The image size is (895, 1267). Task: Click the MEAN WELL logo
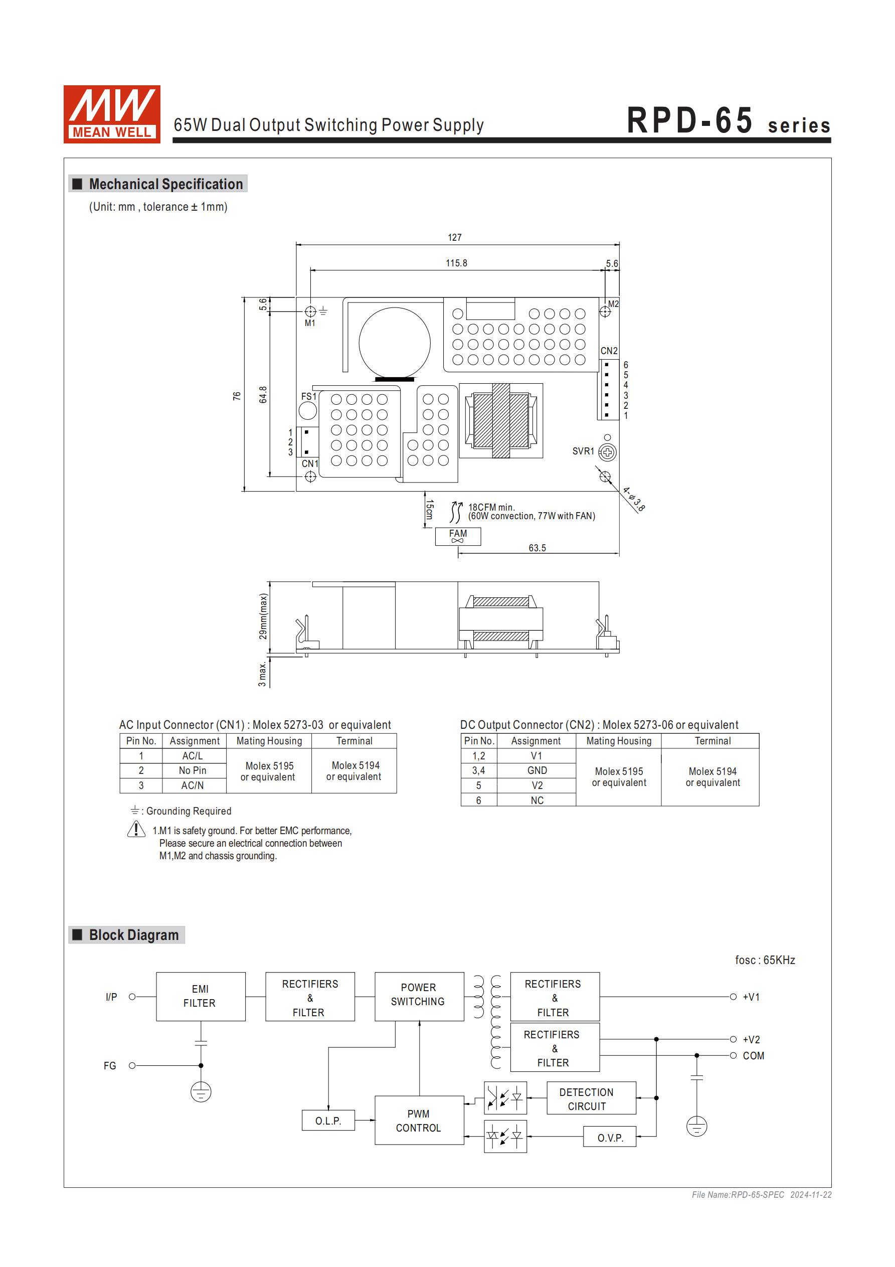pyautogui.click(x=111, y=114)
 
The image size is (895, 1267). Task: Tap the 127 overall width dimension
pyautogui.click(x=454, y=237)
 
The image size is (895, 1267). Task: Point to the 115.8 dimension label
pyautogui.click(x=456, y=263)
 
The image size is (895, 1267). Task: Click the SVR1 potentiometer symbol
pyautogui.click(x=607, y=452)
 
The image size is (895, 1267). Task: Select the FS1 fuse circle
pyautogui.click(x=307, y=411)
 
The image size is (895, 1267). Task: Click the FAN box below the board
pyautogui.click(x=457, y=536)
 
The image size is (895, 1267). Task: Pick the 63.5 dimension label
pyautogui.click(x=537, y=548)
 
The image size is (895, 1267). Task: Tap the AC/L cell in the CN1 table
pyautogui.click(x=193, y=755)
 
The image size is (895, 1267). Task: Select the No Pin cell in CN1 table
pyautogui.click(x=193, y=770)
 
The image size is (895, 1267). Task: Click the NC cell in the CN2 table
pyautogui.click(x=536, y=800)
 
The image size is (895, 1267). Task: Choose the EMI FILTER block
pyautogui.click(x=200, y=996)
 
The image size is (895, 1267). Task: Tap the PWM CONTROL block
pyautogui.click(x=419, y=1120)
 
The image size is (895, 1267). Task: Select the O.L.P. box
pyautogui.click(x=328, y=1120)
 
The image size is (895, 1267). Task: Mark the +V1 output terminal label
pyautogui.click(x=751, y=997)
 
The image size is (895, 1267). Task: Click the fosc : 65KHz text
pyautogui.click(x=764, y=960)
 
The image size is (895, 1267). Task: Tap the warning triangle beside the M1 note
pyautogui.click(x=136, y=830)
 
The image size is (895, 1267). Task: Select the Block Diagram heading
pyautogui.click(x=133, y=935)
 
